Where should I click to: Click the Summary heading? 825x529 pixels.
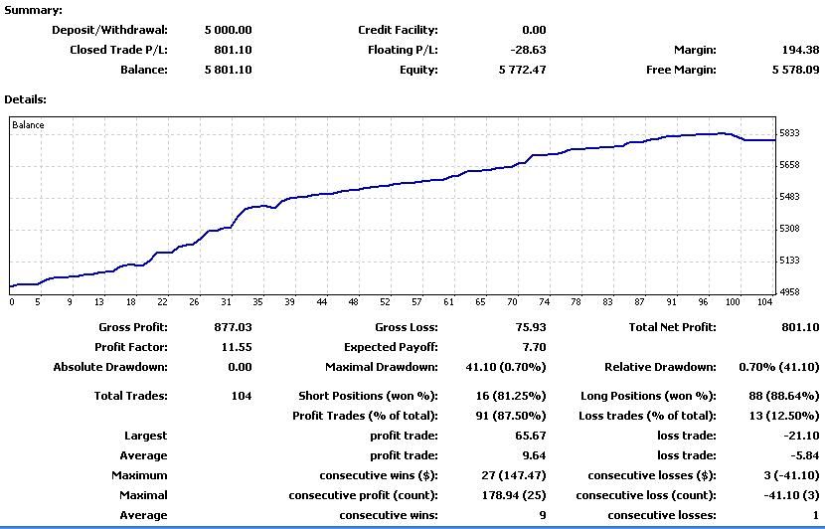pos(33,10)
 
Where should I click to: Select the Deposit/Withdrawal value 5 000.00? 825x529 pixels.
pos(229,30)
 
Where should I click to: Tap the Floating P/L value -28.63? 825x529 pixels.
pos(528,50)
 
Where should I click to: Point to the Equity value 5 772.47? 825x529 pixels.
pos(523,70)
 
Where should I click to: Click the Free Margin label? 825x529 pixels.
pos(681,70)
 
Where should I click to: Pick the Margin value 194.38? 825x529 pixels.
pos(801,50)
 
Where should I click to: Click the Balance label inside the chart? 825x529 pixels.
pos(28,124)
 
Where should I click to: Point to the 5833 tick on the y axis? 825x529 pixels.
pos(789,133)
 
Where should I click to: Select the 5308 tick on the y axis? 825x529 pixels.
pos(789,229)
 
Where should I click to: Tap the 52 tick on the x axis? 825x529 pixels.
pos(385,302)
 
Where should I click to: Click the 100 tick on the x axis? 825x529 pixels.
pos(733,302)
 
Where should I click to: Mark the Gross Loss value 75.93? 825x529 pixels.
pos(531,327)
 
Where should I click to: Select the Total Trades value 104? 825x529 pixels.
pos(242,396)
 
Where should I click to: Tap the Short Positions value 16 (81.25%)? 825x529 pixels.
pos(511,396)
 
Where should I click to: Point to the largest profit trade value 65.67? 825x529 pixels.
pos(531,436)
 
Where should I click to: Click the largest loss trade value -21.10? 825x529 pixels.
pos(801,436)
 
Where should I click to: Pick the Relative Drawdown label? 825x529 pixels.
pos(660,367)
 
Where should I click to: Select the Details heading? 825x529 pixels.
pos(25,99)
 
